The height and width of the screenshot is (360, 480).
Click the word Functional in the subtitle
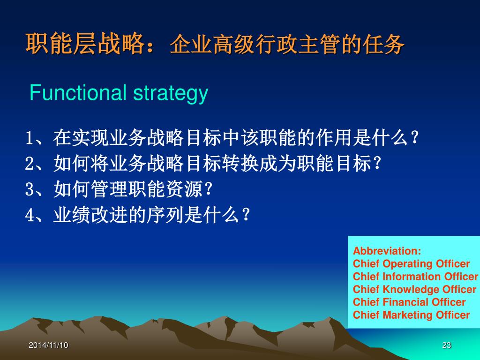coord(78,92)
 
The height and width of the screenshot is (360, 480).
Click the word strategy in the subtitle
coord(171,94)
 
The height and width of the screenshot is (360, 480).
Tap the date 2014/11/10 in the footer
coord(48,345)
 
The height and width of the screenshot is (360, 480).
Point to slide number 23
coord(447,345)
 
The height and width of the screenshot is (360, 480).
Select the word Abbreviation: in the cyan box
coord(387,251)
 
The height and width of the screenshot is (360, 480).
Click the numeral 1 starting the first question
coord(29,138)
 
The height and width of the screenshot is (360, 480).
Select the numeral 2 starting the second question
coord(29,164)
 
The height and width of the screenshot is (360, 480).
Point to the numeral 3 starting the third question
coord(29,189)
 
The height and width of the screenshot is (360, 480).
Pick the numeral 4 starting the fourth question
coord(29,215)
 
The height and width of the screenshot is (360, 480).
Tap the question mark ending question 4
coord(246,215)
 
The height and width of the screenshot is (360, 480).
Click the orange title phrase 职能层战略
coord(85,44)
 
